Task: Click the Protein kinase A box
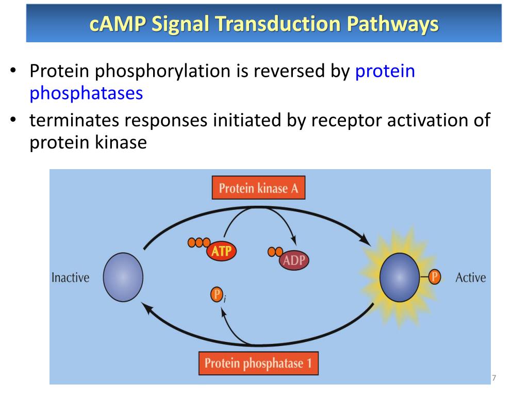click(258, 188)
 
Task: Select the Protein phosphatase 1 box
click(258, 363)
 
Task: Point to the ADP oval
click(294, 260)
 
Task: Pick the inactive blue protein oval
click(123, 277)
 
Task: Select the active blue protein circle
click(400, 277)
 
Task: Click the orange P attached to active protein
click(435, 277)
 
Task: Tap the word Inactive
click(70, 277)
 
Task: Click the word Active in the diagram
click(470, 277)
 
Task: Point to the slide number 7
click(493, 378)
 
